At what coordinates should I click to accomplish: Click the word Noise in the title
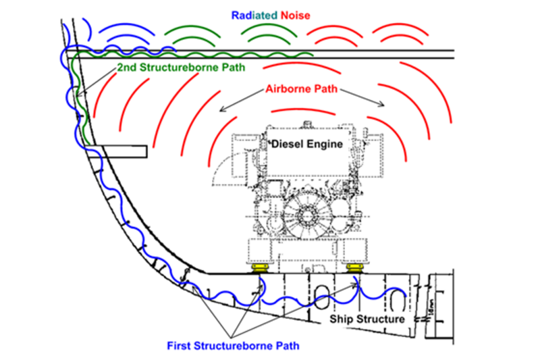point(298,14)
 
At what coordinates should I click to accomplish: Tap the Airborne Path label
point(301,88)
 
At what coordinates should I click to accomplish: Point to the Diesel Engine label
point(307,143)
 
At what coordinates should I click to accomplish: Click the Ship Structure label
point(367,318)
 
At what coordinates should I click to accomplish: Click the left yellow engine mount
point(259,269)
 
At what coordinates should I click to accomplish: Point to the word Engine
point(325,143)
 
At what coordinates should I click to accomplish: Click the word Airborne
point(288,88)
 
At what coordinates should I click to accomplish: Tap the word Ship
point(342,318)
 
